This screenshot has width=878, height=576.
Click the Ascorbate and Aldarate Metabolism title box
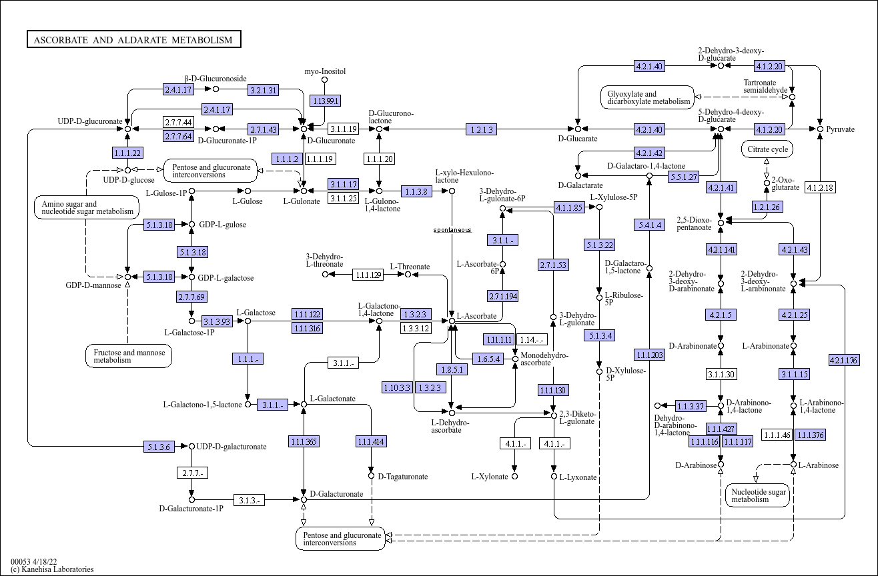(134, 39)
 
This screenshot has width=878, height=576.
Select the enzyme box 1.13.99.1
(325, 101)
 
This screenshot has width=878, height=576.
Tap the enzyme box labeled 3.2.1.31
(264, 90)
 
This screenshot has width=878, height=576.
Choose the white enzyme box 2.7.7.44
(178, 122)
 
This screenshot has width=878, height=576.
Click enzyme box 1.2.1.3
(481, 129)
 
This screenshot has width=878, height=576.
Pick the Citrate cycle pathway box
(767, 149)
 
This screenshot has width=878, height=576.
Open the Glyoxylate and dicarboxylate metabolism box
(647, 97)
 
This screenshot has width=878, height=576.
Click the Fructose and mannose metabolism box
(129, 356)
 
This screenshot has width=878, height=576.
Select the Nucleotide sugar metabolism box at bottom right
(758, 495)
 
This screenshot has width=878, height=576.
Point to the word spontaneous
(452, 230)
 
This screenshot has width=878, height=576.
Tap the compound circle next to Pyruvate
(820, 129)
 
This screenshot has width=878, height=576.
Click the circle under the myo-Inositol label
(324, 80)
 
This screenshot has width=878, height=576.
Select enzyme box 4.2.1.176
(844, 360)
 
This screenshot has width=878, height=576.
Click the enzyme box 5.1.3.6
(159, 447)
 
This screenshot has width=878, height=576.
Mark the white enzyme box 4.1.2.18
(820, 187)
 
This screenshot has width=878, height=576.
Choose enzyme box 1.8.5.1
(452, 369)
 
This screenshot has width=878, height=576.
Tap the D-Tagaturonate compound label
(402, 477)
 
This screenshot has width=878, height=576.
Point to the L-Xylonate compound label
(490, 477)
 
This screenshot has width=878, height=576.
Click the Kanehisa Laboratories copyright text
(52, 569)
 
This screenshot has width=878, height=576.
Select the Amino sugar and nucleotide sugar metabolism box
(87, 207)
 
